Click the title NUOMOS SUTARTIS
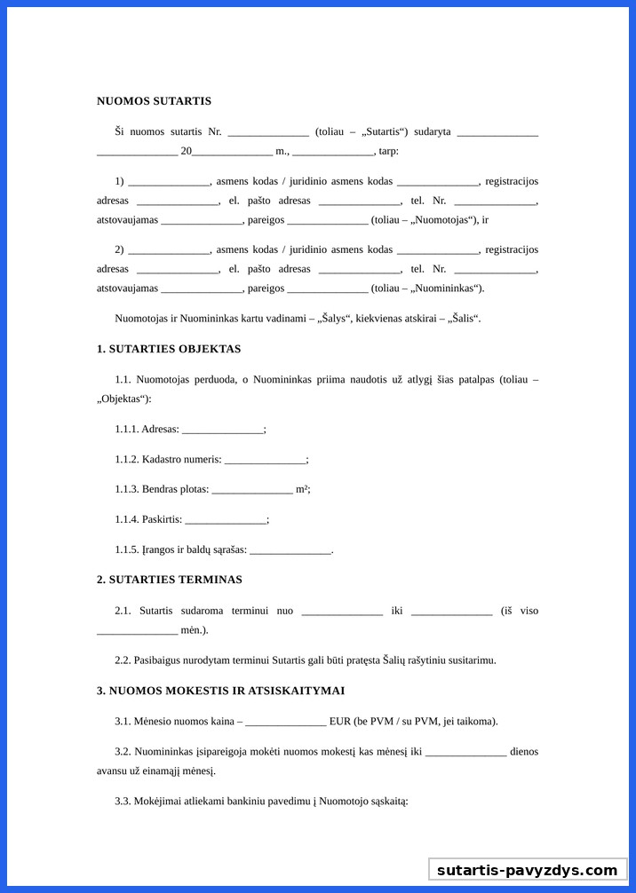point(154,101)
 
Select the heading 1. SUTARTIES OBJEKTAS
point(169,349)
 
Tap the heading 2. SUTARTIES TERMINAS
point(169,580)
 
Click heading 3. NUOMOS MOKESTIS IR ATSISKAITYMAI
point(220,691)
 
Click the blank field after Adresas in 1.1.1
point(222,430)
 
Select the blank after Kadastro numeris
point(265,460)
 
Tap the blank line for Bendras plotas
point(252,490)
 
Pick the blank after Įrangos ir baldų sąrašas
point(290,550)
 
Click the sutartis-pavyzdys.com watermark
point(527,870)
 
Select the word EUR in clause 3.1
point(340,722)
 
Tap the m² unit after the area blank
point(302,489)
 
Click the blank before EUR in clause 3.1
point(286,722)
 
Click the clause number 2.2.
point(123,660)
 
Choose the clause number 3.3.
point(123,802)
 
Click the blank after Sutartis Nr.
point(267,132)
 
